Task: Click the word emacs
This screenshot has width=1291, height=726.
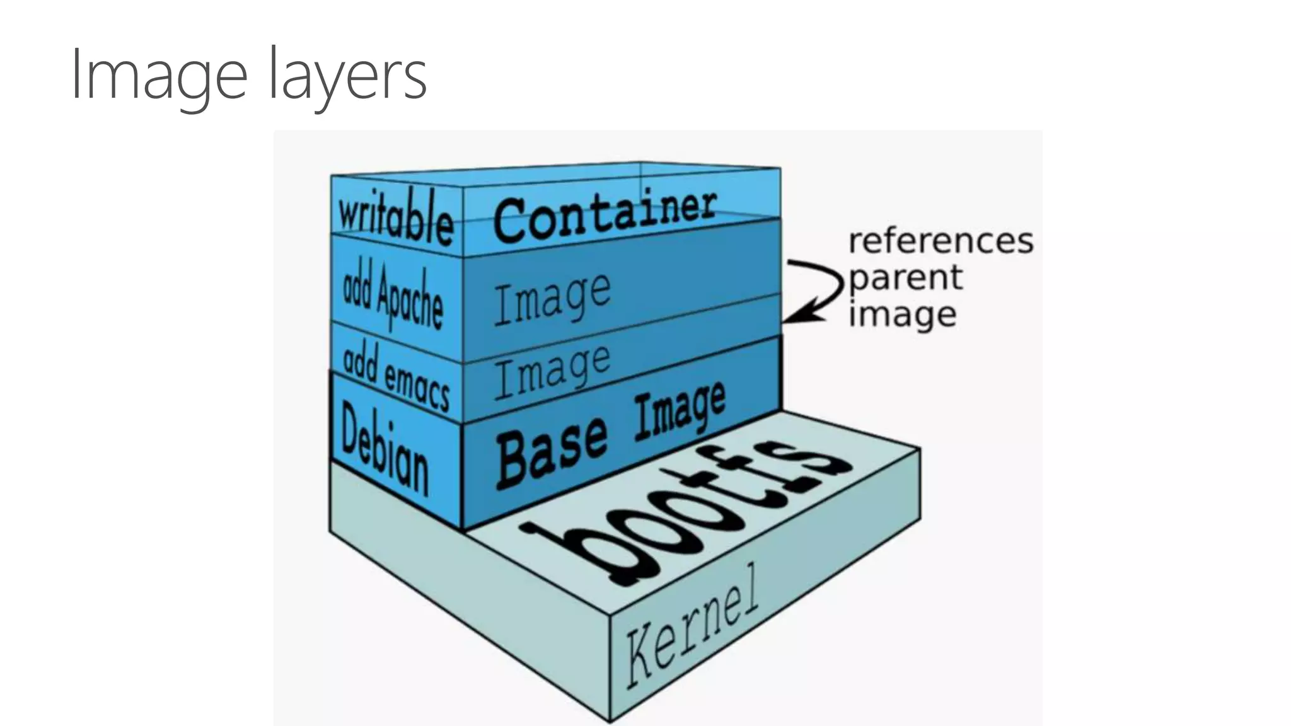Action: (417, 386)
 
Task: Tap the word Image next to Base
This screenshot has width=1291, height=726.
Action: (680, 410)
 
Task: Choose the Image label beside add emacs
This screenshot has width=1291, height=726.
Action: (552, 372)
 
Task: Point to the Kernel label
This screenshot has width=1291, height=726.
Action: (692, 628)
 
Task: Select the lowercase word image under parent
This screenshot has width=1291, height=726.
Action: (902, 314)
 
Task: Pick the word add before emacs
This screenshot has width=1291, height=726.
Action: (359, 362)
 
